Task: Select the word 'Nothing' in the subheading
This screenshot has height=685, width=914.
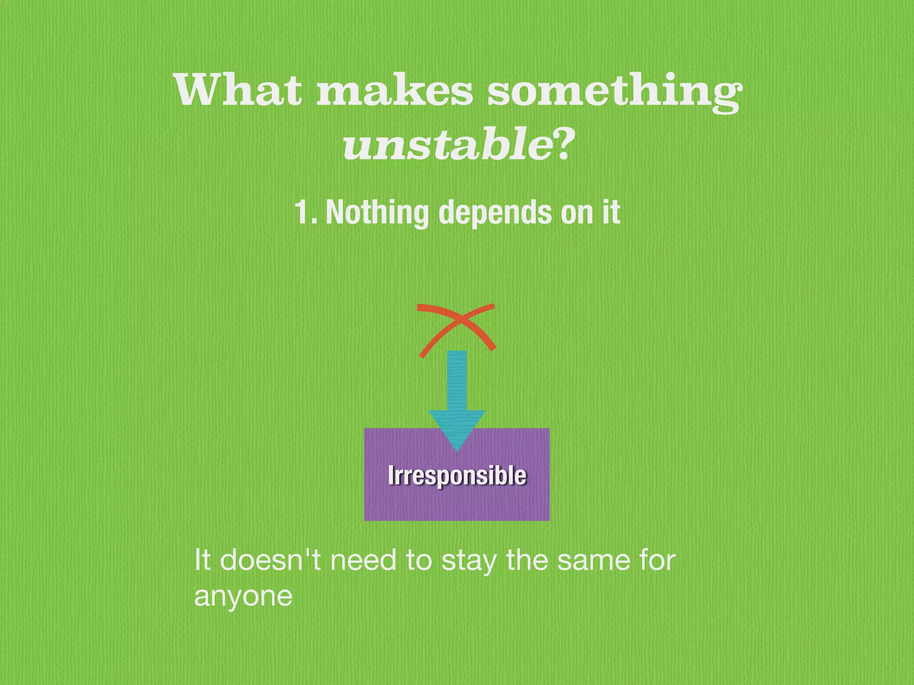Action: click(x=377, y=213)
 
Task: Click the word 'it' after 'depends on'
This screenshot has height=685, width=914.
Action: click(x=611, y=212)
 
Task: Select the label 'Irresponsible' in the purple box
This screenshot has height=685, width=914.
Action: click(x=457, y=475)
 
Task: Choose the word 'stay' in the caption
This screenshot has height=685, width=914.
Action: click(x=469, y=561)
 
